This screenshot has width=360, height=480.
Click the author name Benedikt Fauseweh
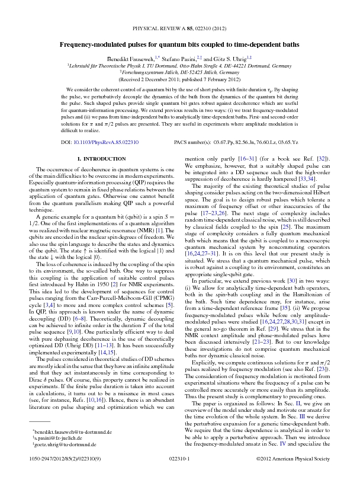point(129,58)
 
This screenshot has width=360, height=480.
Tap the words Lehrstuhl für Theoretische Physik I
point(106,65)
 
